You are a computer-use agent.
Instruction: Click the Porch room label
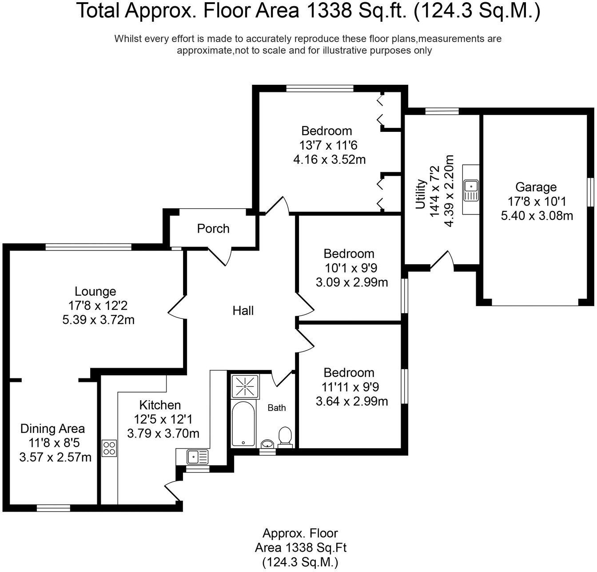point(213,229)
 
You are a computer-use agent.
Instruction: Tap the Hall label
point(243,310)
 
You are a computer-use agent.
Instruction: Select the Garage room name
point(536,187)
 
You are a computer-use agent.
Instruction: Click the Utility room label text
point(420,194)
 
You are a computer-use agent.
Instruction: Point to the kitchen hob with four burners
point(109,448)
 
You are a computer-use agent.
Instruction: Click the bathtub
point(243,424)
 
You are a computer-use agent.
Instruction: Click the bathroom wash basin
point(267,444)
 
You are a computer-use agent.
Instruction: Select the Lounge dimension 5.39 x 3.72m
point(98,320)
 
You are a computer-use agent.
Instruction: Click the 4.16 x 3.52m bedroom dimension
point(329,159)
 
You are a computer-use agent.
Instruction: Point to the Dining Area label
point(52,429)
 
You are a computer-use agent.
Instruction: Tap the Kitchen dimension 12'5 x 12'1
point(163,419)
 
